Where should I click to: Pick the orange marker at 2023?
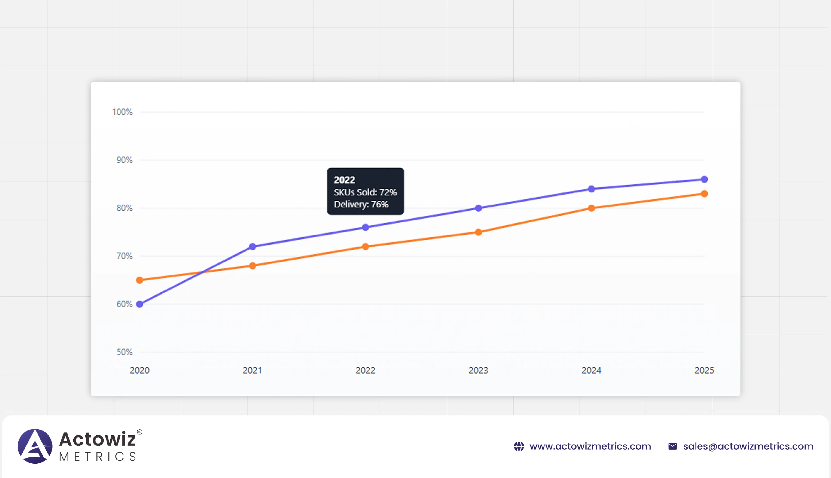pyautogui.click(x=478, y=232)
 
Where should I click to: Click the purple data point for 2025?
pyautogui.click(x=704, y=179)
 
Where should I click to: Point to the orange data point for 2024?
pyautogui.click(x=591, y=208)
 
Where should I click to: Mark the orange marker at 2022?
pyautogui.click(x=366, y=247)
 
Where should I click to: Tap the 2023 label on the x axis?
pyautogui.click(x=478, y=370)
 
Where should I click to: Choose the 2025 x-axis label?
pyautogui.click(x=704, y=370)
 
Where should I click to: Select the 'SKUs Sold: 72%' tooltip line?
pyautogui.click(x=365, y=192)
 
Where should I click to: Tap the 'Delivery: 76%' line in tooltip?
pyautogui.click(x=361, y=204)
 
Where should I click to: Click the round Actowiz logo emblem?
pyautogui.click(x=35, y=446)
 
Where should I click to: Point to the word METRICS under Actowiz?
pyautogui.click(x=98, y=457)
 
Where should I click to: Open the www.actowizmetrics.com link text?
pyautogui.click(x=590, y=446)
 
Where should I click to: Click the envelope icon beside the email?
pyautogui.click(x=673, y=446)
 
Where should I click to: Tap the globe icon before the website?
pyautogui.click(x=519, y=446)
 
